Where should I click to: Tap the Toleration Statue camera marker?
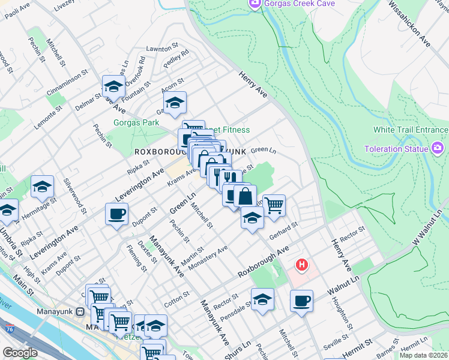pos(437,148)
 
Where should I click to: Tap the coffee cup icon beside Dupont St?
pos(116,213)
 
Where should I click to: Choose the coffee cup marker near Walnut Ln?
pos(301,300)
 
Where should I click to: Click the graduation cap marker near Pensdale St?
pos(262,299)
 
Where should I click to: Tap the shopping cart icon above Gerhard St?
pos(274,205)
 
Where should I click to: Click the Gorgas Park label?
pos(136,122)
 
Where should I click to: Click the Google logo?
pos(20,353)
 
